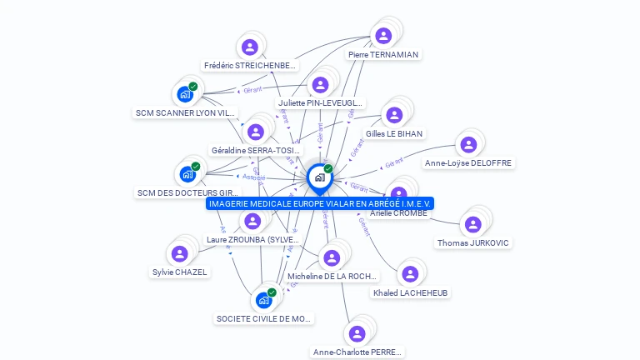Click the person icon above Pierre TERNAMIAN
click(x=383, y=36)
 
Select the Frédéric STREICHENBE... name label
click(x=250, y=66)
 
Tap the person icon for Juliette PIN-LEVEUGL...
click(x=320, y=85)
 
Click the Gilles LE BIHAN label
click(x=394, y=133)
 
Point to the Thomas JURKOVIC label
click(x=473, y=243)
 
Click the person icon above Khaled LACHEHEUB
click(x=409, y=274)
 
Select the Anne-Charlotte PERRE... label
click(x=357, y=352)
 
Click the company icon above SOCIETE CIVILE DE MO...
click(x=264, y=300)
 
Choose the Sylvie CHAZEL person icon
click(x=180, y=253)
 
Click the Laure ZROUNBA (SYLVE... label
click(x=252, y=240)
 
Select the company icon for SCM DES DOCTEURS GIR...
click(x=187, y=175)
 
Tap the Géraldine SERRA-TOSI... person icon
click(x=256, y=132)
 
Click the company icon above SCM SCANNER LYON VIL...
click(x=185, y=94)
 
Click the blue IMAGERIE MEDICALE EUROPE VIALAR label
click(x=321, y=203)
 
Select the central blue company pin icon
click(x=319, y=177)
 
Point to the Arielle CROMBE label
click(x=398, y=213)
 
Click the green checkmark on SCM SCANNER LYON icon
click(x=192, y=87)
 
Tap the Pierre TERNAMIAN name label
click(x=383, y=55)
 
